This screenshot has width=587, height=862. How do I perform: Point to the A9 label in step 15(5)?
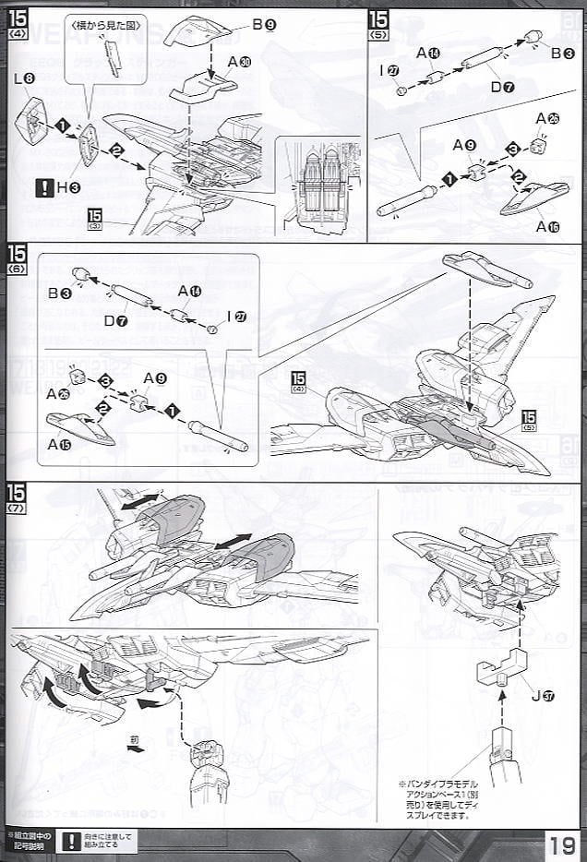click(464, 145)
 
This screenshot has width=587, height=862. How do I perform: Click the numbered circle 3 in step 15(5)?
click(510, 149)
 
